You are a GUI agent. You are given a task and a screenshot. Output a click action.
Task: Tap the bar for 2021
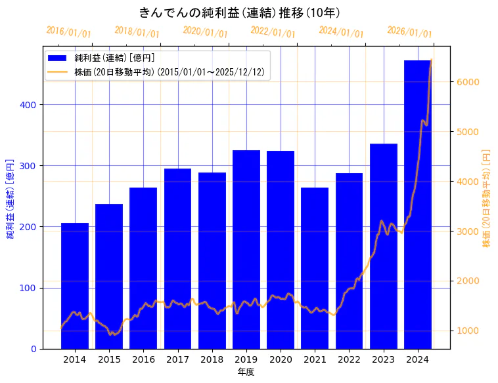(315, 268)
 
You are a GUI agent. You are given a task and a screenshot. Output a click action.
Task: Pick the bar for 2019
(246, 249)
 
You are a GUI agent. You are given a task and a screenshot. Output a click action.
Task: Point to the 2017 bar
(177, 258)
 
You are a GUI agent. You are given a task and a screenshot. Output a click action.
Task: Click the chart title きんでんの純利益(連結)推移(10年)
(239, 12)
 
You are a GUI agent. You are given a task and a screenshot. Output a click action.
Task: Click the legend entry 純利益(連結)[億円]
(114, 58)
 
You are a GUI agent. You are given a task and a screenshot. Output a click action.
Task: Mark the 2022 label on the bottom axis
(349, 359)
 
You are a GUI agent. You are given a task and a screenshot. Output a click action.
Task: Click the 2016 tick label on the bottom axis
(143, 359)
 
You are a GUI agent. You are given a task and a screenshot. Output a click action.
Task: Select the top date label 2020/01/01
(205, 32)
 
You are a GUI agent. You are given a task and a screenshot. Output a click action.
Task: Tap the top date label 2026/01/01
(409, 32)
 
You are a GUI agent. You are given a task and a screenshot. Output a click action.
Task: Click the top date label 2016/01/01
(68, 32)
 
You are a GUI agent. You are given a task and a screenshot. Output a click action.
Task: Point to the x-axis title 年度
(246, 372)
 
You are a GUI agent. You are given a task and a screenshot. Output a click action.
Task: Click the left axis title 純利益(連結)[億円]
(11, 197)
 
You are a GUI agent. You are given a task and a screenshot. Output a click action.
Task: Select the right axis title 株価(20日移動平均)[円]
(487, 197)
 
